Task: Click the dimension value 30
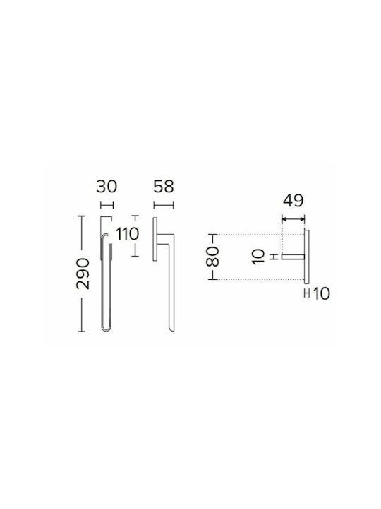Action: pos(107,187)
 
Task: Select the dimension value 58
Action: pos(164,187)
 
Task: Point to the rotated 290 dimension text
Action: pos(83,274)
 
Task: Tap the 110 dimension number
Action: pos(127,234)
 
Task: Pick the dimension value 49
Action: pos(294,201)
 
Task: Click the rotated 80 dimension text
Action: pos(213,257)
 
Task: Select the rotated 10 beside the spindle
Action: pos(258,257)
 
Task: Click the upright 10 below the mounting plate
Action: pos(322,294)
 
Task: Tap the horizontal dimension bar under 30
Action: pos(107,205)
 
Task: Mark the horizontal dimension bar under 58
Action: pos(164,205)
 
